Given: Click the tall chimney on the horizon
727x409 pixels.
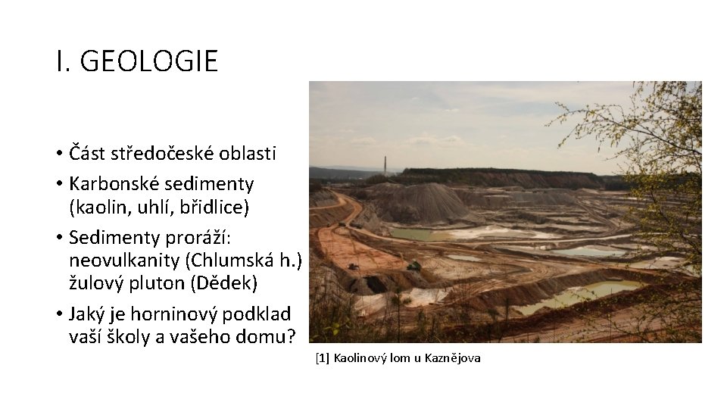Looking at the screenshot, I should coord(386,166).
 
